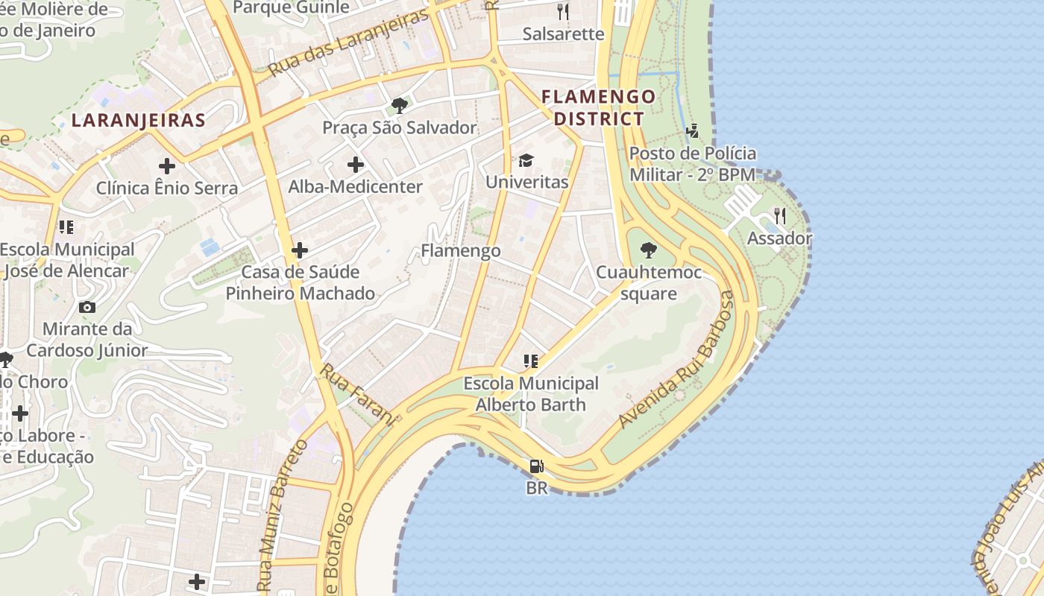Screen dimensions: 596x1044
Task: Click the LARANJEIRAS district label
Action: [x=138, y=120]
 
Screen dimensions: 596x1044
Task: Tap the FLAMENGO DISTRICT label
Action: [x=599, y=107]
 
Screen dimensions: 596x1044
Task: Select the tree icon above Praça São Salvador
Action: [x=400, y=106]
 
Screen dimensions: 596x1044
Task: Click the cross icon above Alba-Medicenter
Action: [x=356, y=165]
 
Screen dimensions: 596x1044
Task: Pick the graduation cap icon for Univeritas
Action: [x=526, y=161]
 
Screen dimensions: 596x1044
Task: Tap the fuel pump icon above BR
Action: [x=536, y=467]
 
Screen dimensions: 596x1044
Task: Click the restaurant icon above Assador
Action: [x=779, y=216]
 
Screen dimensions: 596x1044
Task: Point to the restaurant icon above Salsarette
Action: [x=563, y=12]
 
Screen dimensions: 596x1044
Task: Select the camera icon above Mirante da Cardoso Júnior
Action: [x=87, y=307]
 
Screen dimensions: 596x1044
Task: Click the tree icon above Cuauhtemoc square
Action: [x=649, y=250]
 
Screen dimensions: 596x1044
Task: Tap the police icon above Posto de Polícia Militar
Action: [x=693, y=131]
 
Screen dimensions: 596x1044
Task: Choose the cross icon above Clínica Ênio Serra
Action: [x=167, y=165]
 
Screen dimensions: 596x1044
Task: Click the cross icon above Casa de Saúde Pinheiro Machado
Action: [x=300, y=250]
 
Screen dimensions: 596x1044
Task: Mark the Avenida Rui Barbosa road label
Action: [x=676, y=361]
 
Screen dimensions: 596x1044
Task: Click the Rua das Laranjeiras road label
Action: [x=348, y=42]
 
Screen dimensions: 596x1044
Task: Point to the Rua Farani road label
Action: [x=357, y=393]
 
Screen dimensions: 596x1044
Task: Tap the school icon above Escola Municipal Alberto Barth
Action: [x=531, y=361]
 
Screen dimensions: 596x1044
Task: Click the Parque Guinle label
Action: [x=291, y=7]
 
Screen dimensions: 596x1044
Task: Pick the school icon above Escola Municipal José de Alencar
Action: [x=66, y=227]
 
